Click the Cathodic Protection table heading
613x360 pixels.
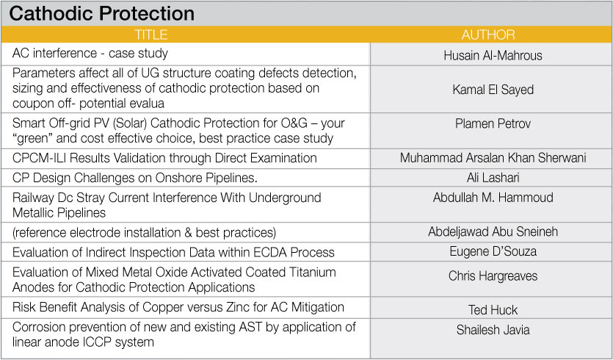pos(101,14)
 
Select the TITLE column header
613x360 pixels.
pos(151,35)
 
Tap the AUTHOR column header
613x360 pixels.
pos(488,35)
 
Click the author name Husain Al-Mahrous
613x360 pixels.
pos(493,56)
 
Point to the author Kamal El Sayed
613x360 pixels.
pos(493,90)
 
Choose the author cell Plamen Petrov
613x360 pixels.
pos(493,123)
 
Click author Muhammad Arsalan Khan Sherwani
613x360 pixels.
pos(493,158)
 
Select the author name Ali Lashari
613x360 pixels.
pos(493,178)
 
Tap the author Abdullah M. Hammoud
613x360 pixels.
pos(493,197)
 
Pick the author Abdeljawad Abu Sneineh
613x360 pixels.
pos(493,231)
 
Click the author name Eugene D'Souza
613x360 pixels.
pos(493,251)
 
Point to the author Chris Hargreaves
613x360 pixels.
pos(493,276)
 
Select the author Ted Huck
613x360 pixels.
pos(493,310)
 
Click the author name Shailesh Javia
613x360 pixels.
pos(493,330)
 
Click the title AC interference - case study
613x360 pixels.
pos(90,53)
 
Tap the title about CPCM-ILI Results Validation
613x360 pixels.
pos(164,158)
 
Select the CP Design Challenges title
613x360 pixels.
pos(135,178)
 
